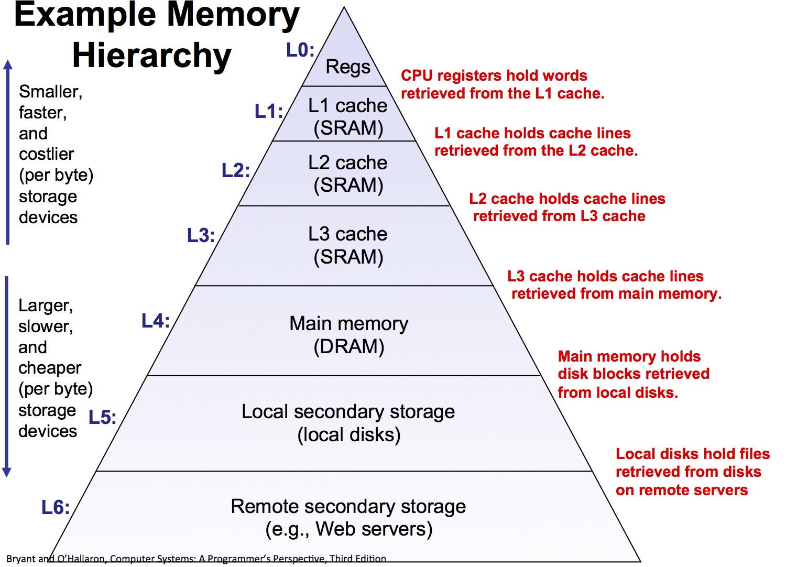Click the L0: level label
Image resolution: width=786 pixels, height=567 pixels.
point(300,50)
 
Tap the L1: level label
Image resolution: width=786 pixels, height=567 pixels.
point(269,111)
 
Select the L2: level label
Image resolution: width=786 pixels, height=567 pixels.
point(236,170)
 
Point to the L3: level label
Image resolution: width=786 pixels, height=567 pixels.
point(201,235)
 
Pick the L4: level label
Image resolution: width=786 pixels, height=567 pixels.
point(156,321)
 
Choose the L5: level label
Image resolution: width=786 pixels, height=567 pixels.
point(102,417)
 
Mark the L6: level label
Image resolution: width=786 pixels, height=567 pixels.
point(56,507)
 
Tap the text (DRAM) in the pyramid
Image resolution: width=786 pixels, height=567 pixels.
point(349,347)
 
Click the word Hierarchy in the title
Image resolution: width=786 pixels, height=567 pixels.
point(152,56)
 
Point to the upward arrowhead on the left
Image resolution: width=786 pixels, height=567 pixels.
point(8,64)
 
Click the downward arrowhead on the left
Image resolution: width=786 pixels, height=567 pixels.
point(7,472)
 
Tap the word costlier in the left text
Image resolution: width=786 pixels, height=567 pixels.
point(46,154)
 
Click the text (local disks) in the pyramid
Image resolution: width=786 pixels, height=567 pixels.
point(349,435)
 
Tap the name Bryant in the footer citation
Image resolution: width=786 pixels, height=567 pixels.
point(21,559)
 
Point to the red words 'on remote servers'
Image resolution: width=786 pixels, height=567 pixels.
point(682,490)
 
